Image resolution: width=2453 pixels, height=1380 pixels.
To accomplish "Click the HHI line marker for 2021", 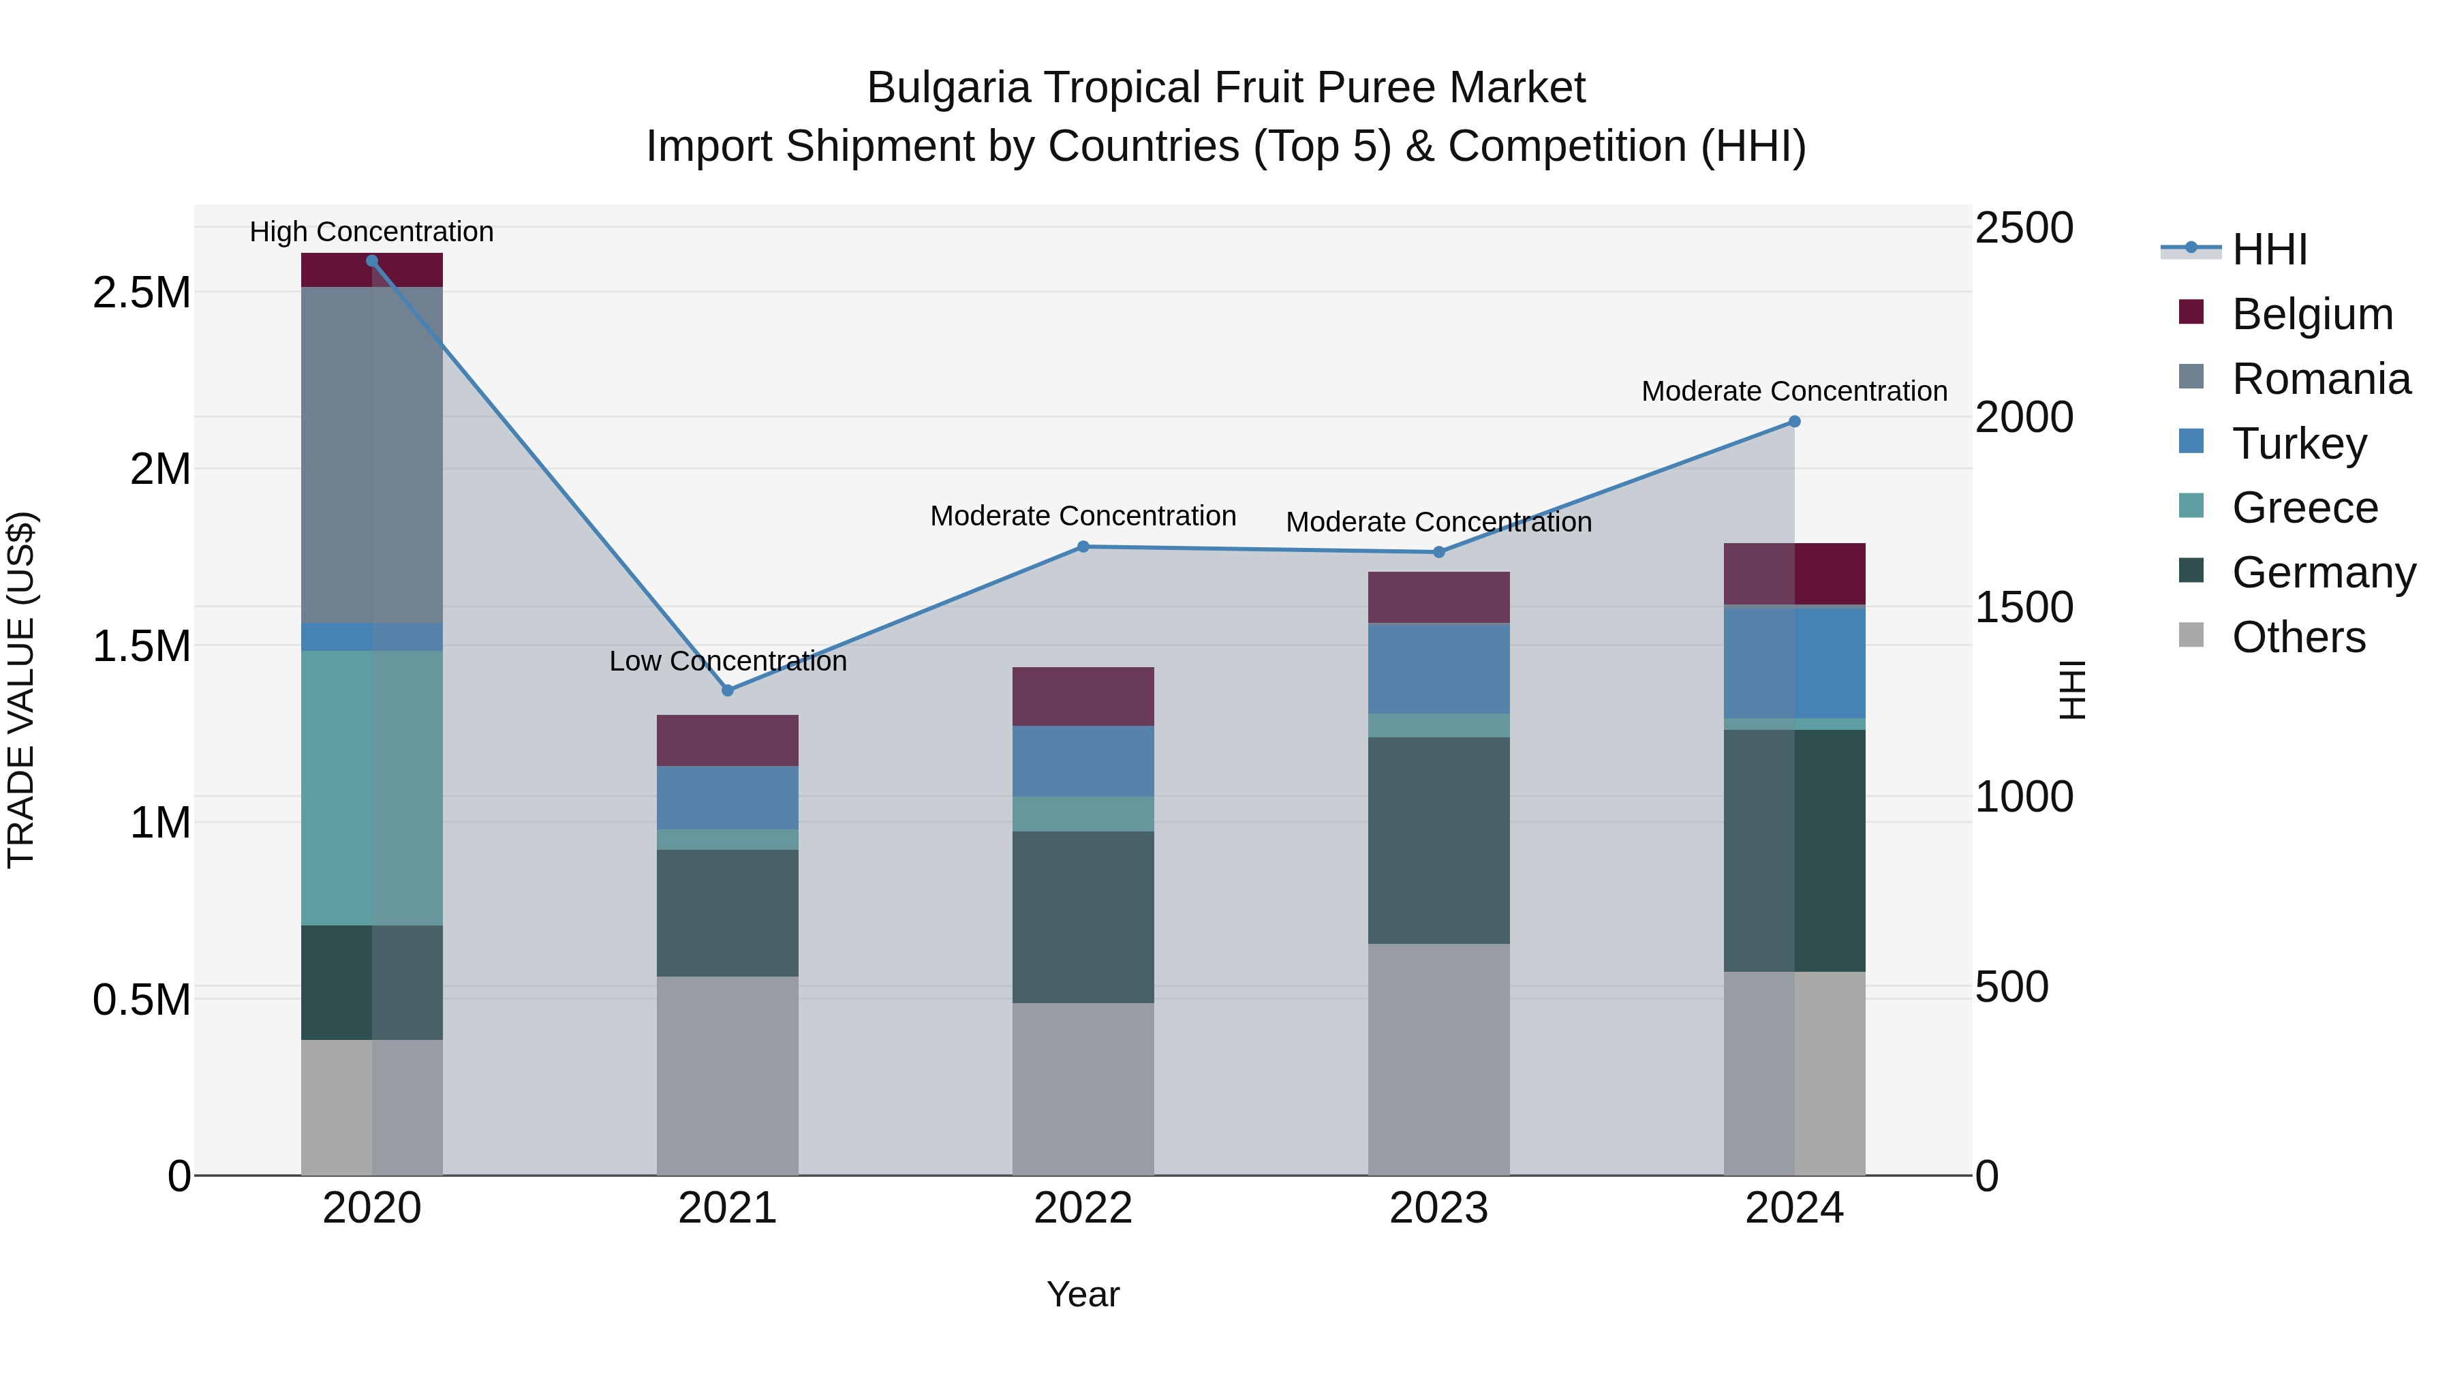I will pos(728,690).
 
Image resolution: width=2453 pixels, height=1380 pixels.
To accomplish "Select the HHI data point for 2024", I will pos(1794,422).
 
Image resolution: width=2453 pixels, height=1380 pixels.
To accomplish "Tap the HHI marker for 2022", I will pos(1083,547).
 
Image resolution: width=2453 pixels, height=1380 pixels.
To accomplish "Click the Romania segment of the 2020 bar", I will pos(371,455).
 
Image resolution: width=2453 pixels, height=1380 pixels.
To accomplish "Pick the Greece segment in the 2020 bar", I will pos(371,788).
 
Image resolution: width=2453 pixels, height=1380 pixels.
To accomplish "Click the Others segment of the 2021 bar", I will pos(728,1075).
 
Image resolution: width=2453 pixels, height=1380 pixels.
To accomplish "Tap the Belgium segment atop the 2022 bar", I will pos(1083,696).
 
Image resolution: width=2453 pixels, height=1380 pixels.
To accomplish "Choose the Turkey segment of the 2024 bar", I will pos(1794,662).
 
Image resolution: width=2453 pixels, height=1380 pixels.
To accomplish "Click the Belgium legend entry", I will pos(2312,314).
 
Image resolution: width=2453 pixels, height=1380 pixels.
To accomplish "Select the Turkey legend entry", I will pos(2299,444).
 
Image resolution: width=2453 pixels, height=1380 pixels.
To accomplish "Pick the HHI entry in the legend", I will pos(2269,249).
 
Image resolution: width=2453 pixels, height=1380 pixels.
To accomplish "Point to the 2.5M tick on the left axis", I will pos(142,292).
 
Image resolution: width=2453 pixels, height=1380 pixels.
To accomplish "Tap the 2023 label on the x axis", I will pos(1438,1208).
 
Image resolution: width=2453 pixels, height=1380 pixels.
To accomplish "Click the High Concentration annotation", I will pos(371,232).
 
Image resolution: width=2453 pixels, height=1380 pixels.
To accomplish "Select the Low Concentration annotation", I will pos(728,661).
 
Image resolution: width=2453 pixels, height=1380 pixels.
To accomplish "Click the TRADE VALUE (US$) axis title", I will pos(21,690).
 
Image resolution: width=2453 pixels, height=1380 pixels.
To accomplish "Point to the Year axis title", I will pos(1083,1294).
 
